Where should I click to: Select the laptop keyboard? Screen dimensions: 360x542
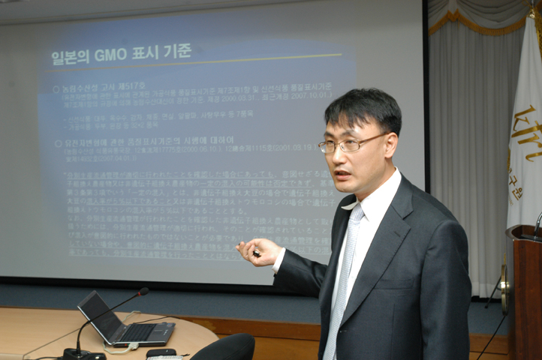[x=143, y=331]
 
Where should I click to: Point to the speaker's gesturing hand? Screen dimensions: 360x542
[x=258, y=252]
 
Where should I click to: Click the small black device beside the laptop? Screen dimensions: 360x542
[x=161, y=352]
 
